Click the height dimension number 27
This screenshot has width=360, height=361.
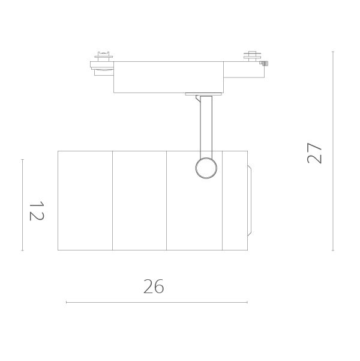(314, 154)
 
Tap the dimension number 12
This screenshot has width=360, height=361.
(36, 211)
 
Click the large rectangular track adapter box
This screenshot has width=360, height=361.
(168, 77)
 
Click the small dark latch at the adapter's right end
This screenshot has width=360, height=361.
(265, 62)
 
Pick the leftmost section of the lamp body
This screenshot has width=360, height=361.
(85, 200)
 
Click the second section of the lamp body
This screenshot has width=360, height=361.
(139, 200)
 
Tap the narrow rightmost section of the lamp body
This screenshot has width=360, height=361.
(234, 200)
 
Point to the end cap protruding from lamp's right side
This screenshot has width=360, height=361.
(250, 200)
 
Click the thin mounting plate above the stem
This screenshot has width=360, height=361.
(204, 94)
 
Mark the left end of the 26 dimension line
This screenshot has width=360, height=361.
(66, 302)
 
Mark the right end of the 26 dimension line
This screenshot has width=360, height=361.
(247, 302)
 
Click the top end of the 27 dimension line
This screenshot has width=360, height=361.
(333, 52)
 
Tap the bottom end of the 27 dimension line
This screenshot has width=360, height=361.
(333, 250)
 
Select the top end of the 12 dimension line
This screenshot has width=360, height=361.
(22, 159)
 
